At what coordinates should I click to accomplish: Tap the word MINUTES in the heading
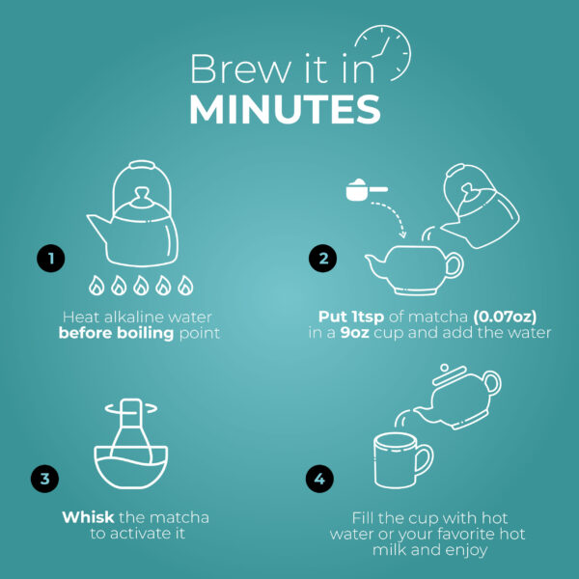[x=285, y=110]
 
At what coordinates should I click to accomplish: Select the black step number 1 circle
[x=51, y=258]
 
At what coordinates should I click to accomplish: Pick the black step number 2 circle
[x=322, y=258]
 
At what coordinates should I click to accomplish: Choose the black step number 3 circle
[x=44, y=479]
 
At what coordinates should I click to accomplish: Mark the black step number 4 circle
[x=319, y=479]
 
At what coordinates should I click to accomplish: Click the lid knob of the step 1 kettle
[x=142, y=197]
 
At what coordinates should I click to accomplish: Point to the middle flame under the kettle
[x=141, y=286]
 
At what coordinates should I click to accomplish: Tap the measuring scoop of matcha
[x=367, y=190]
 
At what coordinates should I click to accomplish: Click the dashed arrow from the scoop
[x=397, y=213]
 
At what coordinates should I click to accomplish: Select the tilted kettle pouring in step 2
[x=480, y=206]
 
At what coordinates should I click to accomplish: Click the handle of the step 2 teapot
[x=455, y=265]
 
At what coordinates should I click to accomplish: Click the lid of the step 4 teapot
[x=449, y=373]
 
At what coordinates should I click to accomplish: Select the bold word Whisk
[x=88, y=517]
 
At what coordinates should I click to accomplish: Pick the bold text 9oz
[x=354, y=333]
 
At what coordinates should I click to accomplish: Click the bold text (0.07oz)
[x=505, y=317]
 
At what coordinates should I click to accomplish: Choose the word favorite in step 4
[x=466, y=534]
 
